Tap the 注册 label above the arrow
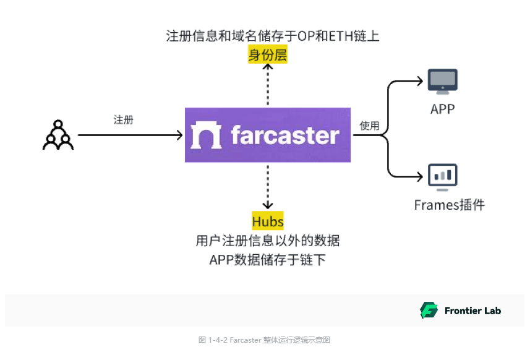[123, 120]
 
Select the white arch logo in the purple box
[206, 135]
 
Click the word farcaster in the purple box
[284, 135]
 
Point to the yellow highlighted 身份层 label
[268, 56]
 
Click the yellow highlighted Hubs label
[268, 221]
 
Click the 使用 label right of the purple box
[369, 126]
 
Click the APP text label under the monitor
[443, 109]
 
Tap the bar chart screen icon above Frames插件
[443, 175]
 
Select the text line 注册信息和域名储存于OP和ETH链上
[273, 36]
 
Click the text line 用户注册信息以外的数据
[268, 241]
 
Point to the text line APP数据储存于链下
[268, 260]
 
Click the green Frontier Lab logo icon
[429, 311]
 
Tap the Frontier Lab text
[472, 311]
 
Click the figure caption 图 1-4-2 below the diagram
[265, 340]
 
